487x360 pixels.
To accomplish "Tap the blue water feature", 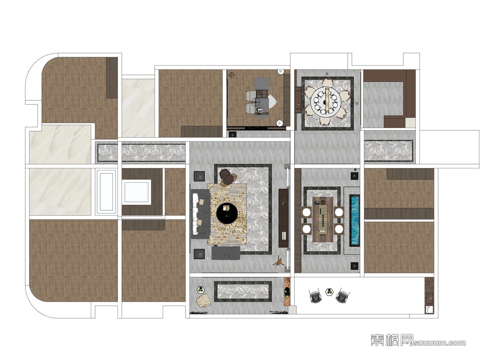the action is point(355,220).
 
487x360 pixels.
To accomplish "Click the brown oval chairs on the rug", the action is point(228,178).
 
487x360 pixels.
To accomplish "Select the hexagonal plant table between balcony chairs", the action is point(329,292).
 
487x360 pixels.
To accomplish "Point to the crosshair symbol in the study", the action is point(232,75).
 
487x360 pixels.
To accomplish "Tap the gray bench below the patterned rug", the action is point(226,253).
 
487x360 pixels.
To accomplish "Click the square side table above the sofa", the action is point(200,176).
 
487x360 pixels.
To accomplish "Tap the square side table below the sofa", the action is point(200,254).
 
